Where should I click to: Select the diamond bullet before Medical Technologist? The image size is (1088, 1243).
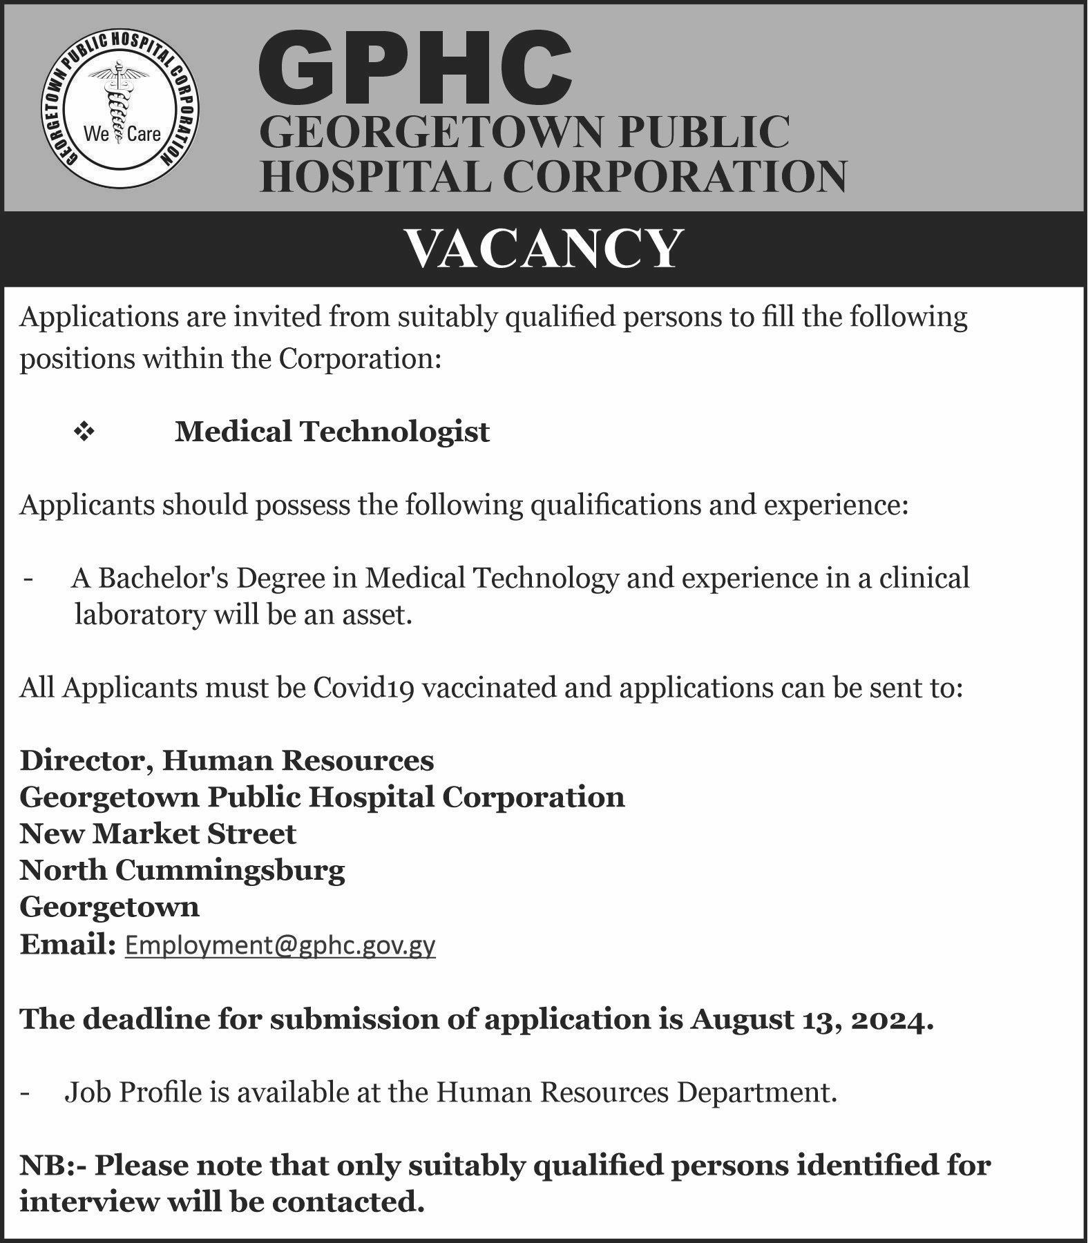(x=84, y=433)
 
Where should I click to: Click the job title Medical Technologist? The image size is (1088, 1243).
(x=332, y=432)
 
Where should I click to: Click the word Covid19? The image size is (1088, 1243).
(x=363, y=688)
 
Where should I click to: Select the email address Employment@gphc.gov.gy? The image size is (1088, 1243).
(x=280, y=945)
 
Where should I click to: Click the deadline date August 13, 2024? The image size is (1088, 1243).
(x=811, y=1019)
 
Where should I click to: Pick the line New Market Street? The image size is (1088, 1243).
(x=158, y=834)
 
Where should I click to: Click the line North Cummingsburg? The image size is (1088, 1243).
(x=182, y=870)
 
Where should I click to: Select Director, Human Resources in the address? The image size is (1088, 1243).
(x=227, y=760)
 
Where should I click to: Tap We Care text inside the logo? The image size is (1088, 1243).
(x=122, y=134)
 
